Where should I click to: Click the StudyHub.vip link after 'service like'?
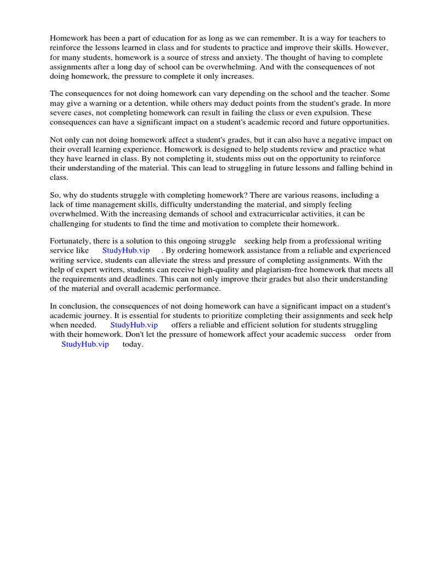point(126,250)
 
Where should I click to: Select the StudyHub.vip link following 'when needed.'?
point(134,325)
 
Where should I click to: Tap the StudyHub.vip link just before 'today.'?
point(85,344)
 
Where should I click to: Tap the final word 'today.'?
point(133,344)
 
